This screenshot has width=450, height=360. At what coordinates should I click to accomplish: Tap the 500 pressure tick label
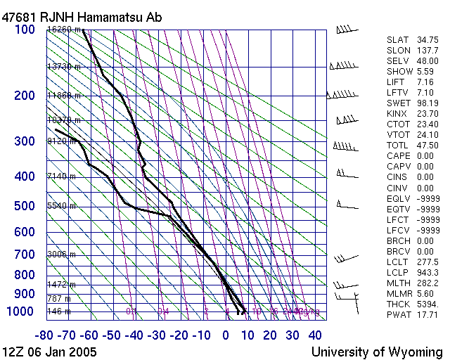pos(25,206)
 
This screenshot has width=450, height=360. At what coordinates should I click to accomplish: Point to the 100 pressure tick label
pos(25,30)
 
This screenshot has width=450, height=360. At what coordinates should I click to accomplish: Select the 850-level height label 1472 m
pos(61,285)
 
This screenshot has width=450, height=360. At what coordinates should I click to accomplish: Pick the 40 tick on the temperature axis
pos(315,335)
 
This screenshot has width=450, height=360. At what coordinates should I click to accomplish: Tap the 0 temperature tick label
pos(226,335)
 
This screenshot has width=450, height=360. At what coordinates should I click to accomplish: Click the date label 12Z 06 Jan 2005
pos(50,351)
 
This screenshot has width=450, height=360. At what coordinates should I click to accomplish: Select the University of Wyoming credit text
pos(377,351)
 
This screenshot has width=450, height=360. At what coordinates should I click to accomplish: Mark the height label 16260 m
pos(64,30)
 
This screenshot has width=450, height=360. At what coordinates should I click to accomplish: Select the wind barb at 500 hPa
pos(346,205)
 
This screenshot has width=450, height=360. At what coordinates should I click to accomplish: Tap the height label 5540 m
pos(61,206)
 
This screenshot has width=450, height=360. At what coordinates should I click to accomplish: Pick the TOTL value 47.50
pos(427,146)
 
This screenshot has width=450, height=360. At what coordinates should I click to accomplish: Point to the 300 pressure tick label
pos(25,141)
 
